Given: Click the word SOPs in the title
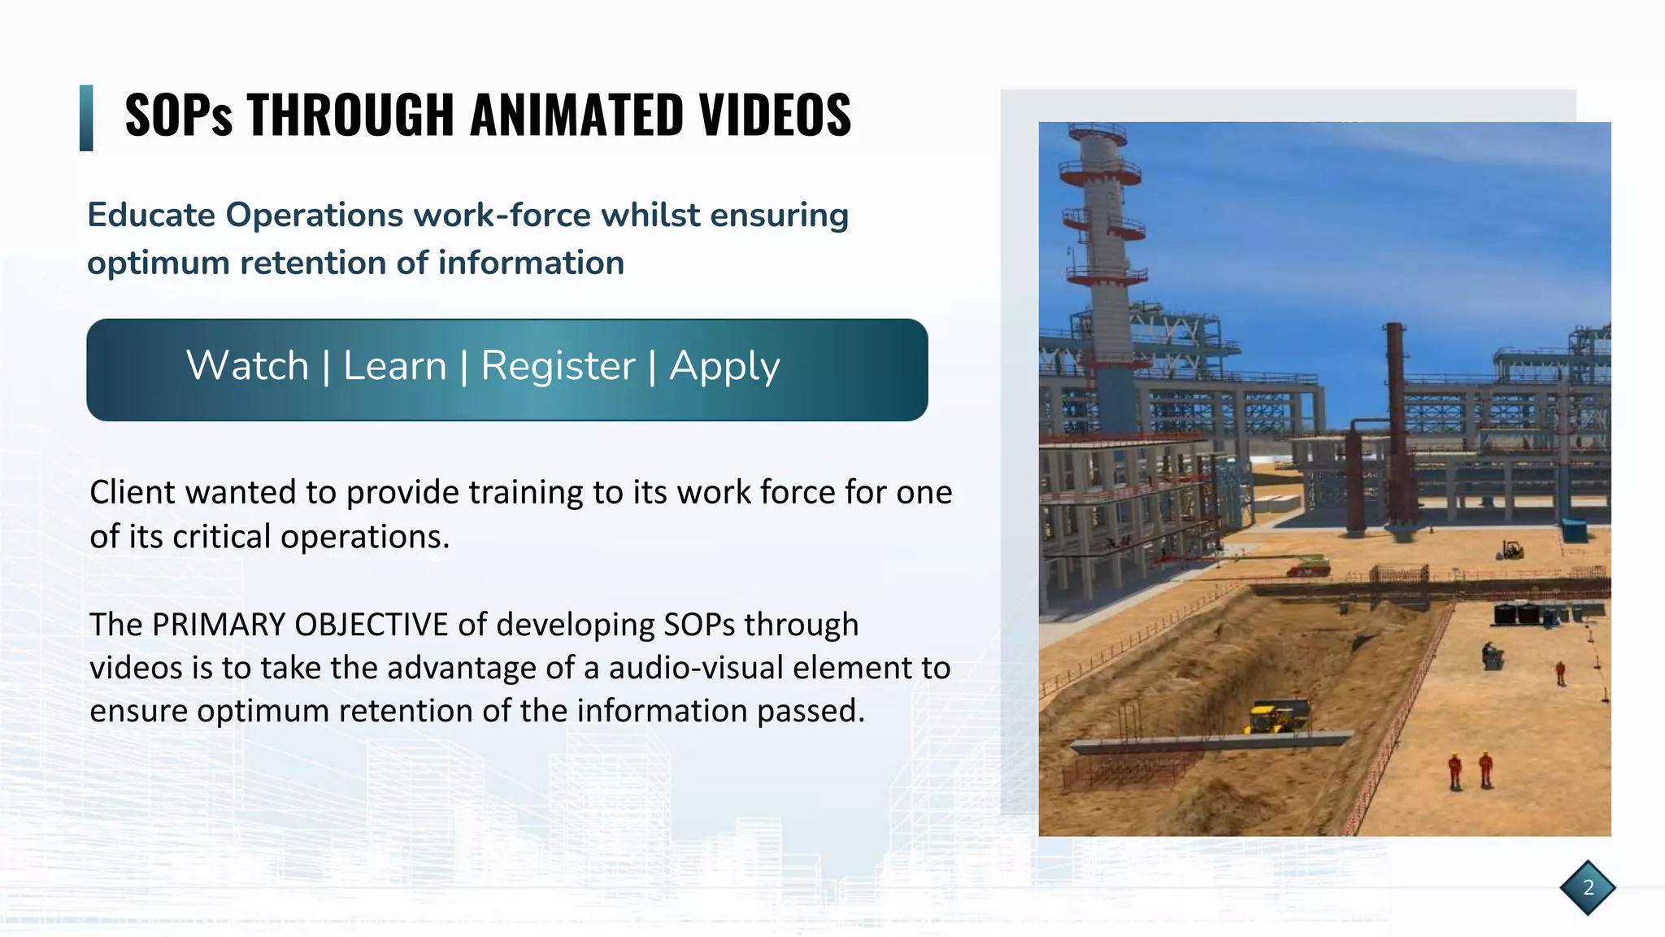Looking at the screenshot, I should pyautogui.click(x=179, y=115).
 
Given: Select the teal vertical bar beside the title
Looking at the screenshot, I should pyautogui.click(x=86, y=118).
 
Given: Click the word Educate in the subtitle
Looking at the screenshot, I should pyautogui.click(x=151, y=216).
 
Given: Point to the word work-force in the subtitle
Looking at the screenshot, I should pyautogui.click(x=502, y=216).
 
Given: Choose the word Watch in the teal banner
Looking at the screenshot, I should pyautogui.click(x=247, y=366).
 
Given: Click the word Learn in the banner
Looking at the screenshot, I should pyautogui.click(x=395, y=366).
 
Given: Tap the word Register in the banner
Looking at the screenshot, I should pyautogui.click(x=558, y=366).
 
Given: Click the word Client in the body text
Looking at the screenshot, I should pyautogui.click(x=133, y=492).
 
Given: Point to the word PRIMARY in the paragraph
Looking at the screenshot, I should pyautogui.click(x=218, y=625).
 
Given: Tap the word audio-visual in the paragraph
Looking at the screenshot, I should pyautogui.click(x=695, y=668).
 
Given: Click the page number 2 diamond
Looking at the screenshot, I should pyautogui.click(x=1588, y=887).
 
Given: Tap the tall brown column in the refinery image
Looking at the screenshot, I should pyautogui.click(x=1395, y=423).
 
